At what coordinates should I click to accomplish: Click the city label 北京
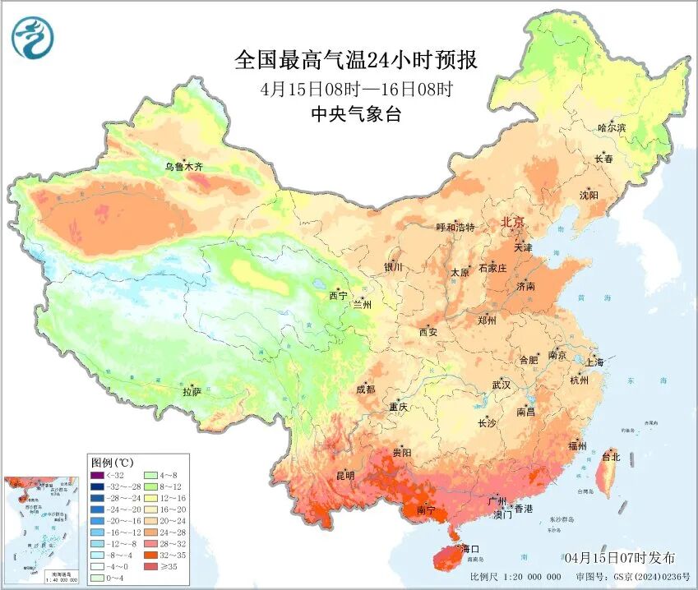tap(513, 223)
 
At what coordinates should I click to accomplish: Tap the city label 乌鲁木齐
tap(183, 167)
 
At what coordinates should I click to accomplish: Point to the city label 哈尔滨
tap(612, 127)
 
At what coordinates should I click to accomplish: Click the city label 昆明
tap(344, 475)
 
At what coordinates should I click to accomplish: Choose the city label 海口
tap(469, 548)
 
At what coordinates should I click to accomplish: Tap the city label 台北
tap(611, 456)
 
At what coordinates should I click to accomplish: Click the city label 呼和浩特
tap(455, 228)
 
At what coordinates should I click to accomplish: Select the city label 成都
tap(365, 389)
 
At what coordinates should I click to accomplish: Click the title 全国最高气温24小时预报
tap(356, 60)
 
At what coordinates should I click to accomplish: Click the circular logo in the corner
tap(32, 38)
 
